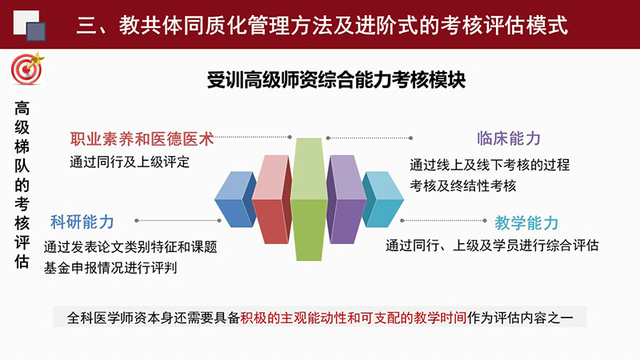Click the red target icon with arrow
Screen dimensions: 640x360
click(27, 69)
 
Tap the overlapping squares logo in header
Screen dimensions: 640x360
click(30, 26)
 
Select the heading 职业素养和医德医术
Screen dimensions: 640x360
click(142, 138)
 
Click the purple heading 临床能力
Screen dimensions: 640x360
click(509, 138)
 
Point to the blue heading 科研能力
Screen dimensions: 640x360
click(82, 222)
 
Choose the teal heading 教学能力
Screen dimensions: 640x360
click(526, 223)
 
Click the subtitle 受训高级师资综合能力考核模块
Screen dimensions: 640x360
click(336, 79)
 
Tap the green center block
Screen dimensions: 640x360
click(309, 199)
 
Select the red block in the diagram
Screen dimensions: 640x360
click(272, 199)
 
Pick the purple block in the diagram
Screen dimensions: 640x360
click(346, 199)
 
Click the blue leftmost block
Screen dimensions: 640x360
click(235, 199)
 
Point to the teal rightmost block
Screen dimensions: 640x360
click(383, 199)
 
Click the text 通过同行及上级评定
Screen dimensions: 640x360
click(130, 162)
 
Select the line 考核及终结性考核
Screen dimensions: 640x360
click(463, 186)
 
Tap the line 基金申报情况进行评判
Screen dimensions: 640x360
click(110, 268)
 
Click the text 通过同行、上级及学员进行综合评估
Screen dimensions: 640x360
click(492, 246)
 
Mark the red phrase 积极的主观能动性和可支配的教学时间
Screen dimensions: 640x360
click(354, 318)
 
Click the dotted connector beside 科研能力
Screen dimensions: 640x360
click(178, 221)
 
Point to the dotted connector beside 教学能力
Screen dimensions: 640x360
click(443, 221)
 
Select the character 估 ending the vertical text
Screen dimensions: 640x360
click(22, 262)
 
